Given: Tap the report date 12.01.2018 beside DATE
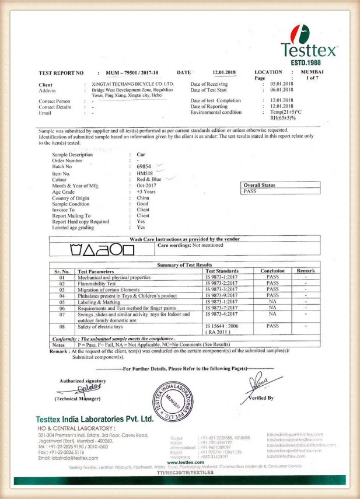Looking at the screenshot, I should pos(223,72).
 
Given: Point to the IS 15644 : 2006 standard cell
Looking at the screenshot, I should pos(222,326).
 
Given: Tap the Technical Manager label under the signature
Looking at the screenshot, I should pos(78,398).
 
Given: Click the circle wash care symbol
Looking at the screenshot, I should pos(117,250).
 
